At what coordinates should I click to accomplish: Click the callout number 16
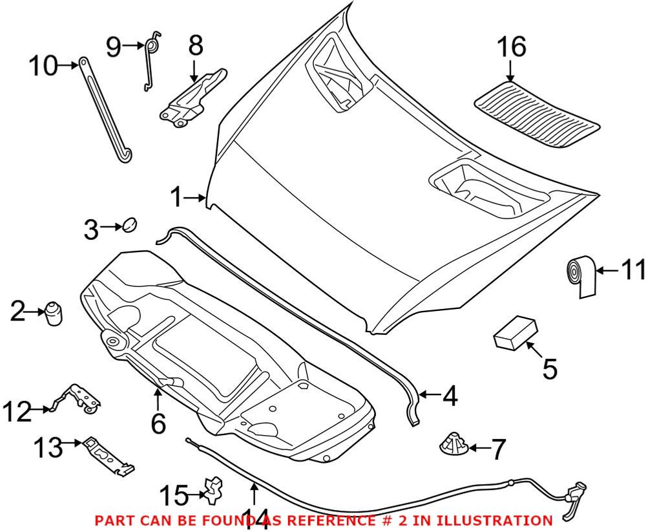click(x=511, y=47)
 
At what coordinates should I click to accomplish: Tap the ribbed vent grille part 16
click(x=536, y=112)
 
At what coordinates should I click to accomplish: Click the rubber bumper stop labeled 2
click(x=54, y=315)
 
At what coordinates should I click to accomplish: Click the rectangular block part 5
click(x=515, y=332)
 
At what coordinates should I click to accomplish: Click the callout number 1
click(x=176, y=197)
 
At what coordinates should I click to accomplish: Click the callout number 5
click(x=549, y=369)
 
